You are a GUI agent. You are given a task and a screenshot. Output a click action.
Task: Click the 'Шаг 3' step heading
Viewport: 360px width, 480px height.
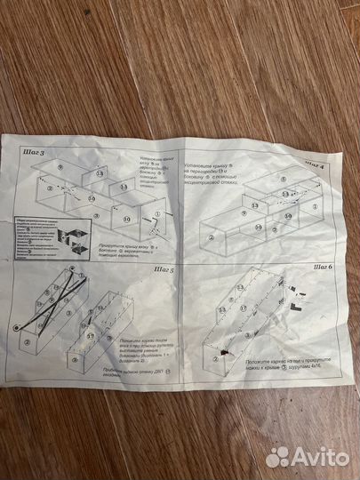pos(36,153)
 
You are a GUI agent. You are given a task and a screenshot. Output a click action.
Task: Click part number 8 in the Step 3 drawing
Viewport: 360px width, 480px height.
pos(59,166)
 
